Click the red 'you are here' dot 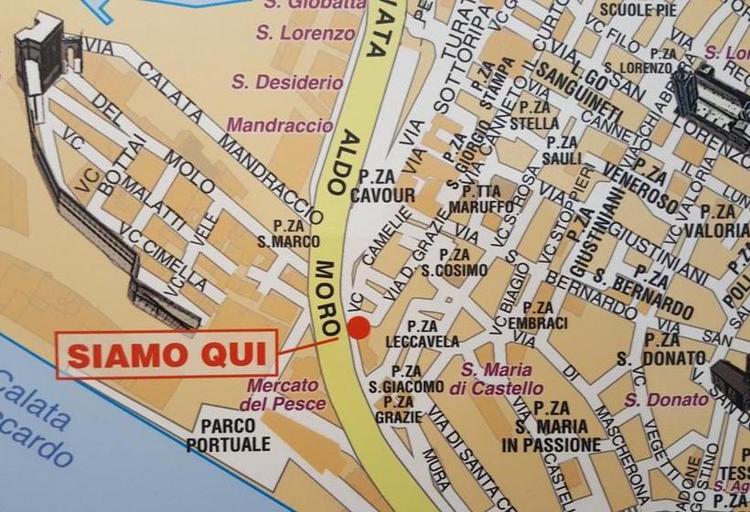pos(359,327)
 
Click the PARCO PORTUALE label pos(230,435)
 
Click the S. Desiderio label pos(287,82)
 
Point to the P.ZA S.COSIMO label pos(454,261)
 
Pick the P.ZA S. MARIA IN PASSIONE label pos(552,427)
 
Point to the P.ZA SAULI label pos(562,151)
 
